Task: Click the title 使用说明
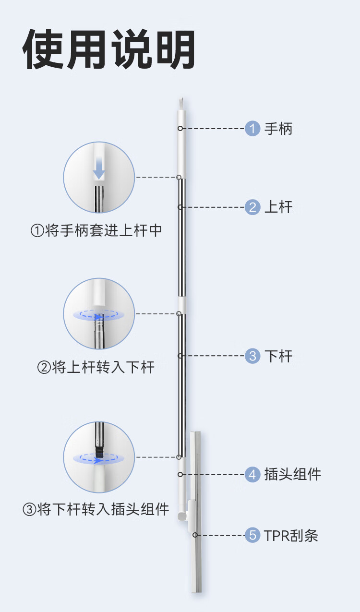point(109,50)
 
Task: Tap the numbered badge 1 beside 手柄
point(252,129)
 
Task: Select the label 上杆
point(278,207)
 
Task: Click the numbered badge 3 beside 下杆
point(252,356)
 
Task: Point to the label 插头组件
point(293,475)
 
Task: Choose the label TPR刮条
point(291,535)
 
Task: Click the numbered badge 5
point(252,535)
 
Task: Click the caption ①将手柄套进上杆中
point(96,231)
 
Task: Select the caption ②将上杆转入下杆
point(96,368)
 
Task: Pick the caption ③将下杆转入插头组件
point(96,509)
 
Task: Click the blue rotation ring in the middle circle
point(99,315)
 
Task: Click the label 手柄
point(278,129)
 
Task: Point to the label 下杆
point(278,356)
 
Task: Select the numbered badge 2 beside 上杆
point(252,207)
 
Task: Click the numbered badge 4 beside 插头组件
point(252,475)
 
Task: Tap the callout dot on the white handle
point(180,129)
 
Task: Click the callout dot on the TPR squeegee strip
point(195,535)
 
